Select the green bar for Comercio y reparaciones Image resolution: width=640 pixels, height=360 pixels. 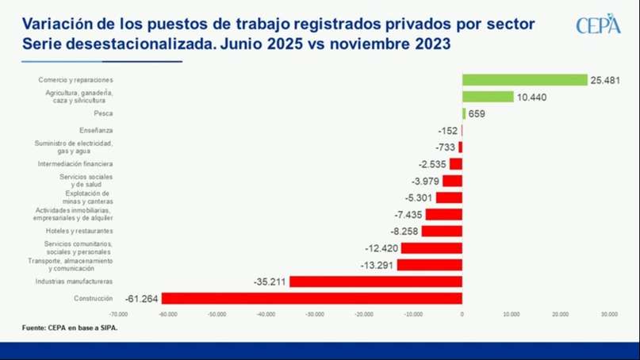[x=525, y=80]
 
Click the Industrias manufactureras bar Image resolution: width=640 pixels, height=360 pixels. [x=376, y=281]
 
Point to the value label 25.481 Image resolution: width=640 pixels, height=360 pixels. [x=604, y=80]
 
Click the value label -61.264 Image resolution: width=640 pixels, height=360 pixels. [x=142, y=298]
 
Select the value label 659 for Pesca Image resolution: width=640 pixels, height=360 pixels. [x=477, y=113]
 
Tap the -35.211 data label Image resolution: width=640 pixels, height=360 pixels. [x=270, y=281]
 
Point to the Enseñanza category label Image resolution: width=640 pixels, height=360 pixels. [x=96, y=130]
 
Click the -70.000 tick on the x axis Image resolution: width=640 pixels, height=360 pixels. [x=118, y=315]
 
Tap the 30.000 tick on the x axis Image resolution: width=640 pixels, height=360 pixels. [x=608, y=315]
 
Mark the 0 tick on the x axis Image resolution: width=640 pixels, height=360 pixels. [x=462, y=315]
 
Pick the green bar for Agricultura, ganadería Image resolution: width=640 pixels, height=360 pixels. [x=488, y=97]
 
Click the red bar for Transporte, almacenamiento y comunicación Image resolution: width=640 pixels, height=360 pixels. [x=429, y=265]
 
